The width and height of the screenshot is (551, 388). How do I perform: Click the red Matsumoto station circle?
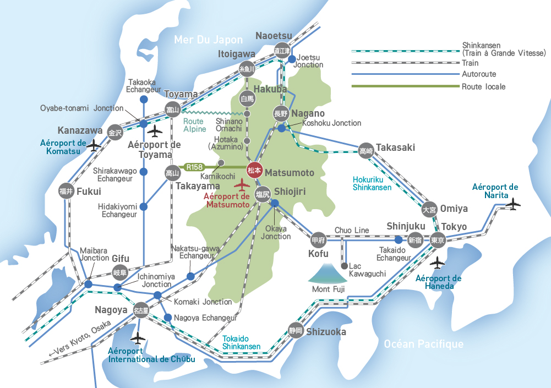255,171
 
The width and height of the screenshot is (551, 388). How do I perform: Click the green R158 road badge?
194,166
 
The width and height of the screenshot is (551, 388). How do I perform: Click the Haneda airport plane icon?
438,263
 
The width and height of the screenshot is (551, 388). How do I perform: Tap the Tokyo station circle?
437,240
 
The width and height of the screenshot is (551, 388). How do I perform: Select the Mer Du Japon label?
208,40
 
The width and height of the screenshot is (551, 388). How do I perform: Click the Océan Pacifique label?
423,344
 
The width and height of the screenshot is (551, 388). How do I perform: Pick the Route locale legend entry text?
483,86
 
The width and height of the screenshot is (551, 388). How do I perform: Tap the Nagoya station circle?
141,310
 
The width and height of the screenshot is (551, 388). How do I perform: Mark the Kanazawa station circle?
114,132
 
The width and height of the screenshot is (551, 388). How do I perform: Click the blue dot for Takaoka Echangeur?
143,100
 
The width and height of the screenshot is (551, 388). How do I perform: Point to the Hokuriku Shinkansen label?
372,183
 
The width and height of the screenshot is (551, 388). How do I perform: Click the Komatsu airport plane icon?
95,145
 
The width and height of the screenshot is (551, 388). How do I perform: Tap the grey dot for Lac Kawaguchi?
345,266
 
